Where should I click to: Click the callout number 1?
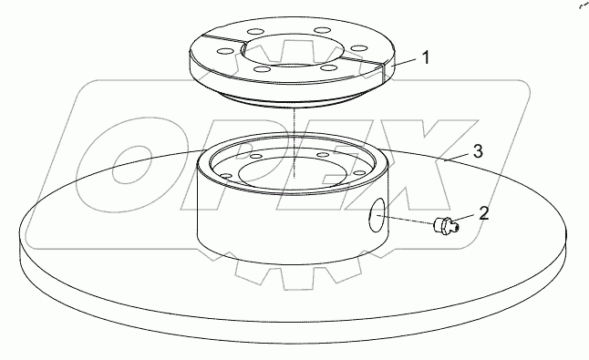pyautogui.click(x=426, y=58)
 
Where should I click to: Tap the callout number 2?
pyautogui.click(x=483, y=213)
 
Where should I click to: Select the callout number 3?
pyautogui.click(x=478, y=151)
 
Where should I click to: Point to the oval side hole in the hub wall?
pyautogui.click(x=377, y=215)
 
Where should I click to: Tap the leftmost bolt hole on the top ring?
pyautogui.click(x=224, y=51)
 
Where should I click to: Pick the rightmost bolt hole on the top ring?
pyautogui.click(x=359, y=49)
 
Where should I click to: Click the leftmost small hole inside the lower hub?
pyautogui.click(x=226, y=176)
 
